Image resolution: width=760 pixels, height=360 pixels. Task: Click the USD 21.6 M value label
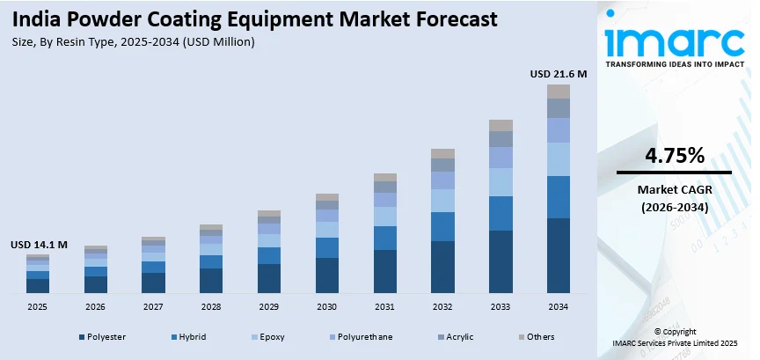[559, 74]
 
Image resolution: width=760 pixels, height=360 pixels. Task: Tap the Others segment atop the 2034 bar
[559, 92]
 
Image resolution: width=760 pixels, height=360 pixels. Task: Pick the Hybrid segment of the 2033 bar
[501, 213]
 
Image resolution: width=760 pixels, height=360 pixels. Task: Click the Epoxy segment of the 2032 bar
[442, 201]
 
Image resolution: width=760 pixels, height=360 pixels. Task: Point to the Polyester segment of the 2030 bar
[326, 275]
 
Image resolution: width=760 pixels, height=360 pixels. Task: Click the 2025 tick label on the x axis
[37, 307]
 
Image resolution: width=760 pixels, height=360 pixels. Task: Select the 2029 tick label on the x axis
[268, 307]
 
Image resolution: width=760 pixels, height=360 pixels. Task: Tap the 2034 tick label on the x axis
[559, 307]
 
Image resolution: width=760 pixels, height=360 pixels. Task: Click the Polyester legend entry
[102, 336]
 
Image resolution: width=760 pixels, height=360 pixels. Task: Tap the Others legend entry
[539, 336]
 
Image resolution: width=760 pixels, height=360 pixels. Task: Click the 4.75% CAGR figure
[674, 157]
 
